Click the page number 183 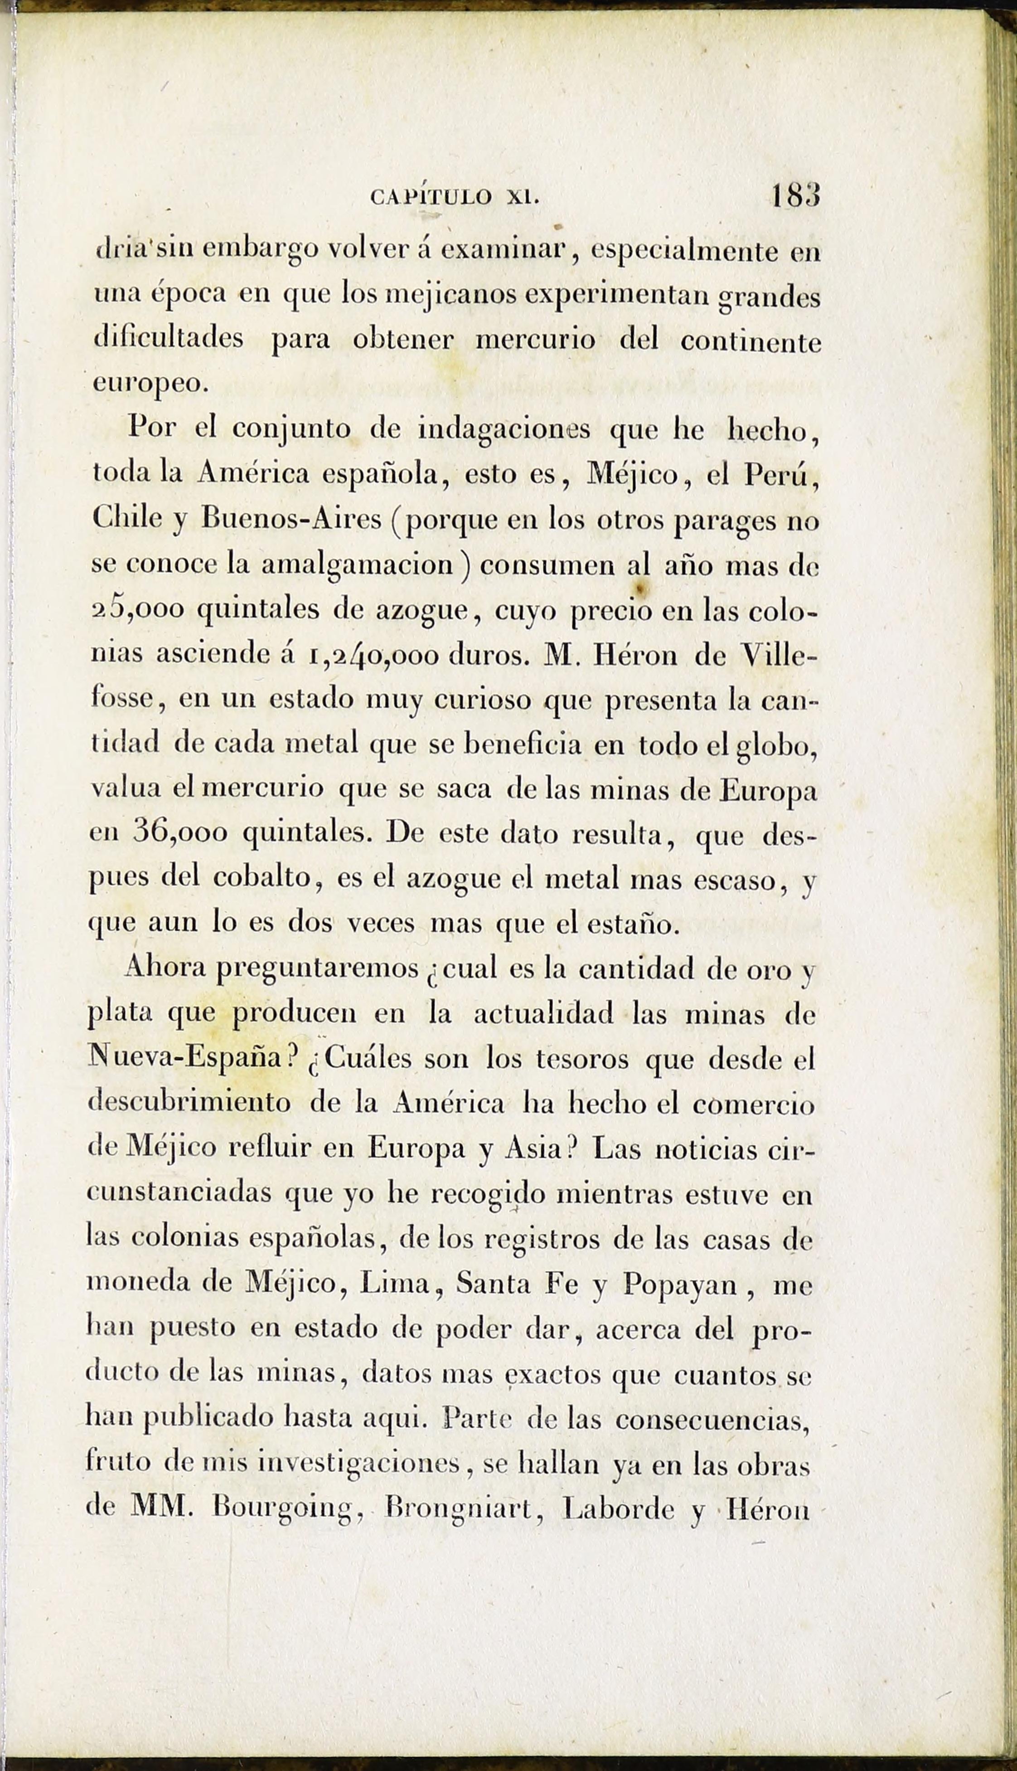pos(795,195)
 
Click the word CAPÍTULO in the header pos(431,197)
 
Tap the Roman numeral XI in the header pos(523,197)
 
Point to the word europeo pos(150,384)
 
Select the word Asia pos(537,1148)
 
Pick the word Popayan pos(680,1284)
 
